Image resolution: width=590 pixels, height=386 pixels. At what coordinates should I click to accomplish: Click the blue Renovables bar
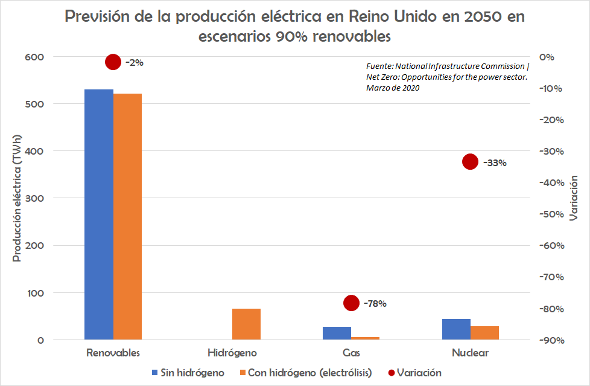coord(99,214)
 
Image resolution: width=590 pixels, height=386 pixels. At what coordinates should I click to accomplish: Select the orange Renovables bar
coord(127,217)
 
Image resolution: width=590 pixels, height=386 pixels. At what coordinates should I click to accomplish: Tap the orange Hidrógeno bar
coord(246,324)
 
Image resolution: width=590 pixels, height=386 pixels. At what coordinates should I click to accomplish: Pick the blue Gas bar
coord(337,333)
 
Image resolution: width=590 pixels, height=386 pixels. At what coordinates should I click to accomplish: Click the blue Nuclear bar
coord(456,329)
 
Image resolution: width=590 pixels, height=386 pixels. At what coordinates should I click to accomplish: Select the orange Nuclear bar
coord(484,333)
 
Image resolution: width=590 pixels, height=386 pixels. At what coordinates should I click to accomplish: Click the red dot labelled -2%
coord(113,62)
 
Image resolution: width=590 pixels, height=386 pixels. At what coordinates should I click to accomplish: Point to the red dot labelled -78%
coord(351,303)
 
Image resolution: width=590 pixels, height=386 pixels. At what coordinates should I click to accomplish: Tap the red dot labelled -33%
coord(470,161)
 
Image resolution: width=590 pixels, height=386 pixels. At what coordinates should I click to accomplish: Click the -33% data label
coord(493,162)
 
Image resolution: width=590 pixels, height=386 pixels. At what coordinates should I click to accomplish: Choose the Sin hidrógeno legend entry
coord(188,373)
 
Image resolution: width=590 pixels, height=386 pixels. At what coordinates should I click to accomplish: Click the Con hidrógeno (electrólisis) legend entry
coord(305,373)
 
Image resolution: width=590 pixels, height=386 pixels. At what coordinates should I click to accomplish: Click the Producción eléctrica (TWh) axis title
coord(17,198)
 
